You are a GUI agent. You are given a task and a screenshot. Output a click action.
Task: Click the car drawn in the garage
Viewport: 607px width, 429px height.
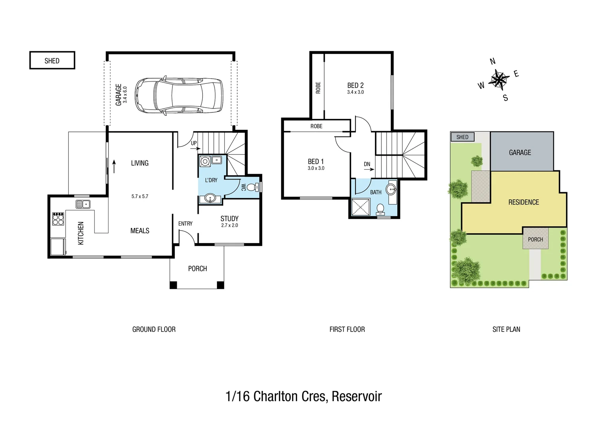(x=179, y=95)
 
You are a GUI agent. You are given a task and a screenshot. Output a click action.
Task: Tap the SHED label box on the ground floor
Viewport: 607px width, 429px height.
(x=52, y=60)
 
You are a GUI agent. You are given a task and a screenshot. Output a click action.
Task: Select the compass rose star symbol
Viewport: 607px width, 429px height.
(x=499, y=79)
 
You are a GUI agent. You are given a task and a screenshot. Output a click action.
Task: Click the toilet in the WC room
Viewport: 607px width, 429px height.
(x=251, y=187)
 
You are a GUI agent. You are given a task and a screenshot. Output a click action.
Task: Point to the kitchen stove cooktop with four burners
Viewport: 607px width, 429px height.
(x=58, y=219)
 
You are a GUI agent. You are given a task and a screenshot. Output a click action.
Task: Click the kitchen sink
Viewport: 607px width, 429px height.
(x=83, y=204)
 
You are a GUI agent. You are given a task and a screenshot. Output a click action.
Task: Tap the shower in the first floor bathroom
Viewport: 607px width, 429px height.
(x=361, y=207)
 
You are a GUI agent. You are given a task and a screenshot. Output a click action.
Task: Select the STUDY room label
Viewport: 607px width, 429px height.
(x=229, y=218)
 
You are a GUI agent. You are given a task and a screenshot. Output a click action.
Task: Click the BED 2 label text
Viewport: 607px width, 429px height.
(x=355, y=85)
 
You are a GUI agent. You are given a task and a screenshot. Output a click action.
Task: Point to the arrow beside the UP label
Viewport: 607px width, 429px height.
(x=195, y=149)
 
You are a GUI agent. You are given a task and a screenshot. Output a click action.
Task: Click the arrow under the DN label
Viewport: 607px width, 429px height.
(x=369, y=169)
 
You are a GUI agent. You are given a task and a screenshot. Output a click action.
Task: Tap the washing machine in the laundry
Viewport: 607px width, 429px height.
(x=205, y=161)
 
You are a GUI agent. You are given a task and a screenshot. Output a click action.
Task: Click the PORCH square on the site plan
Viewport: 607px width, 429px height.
(x=535, y=239)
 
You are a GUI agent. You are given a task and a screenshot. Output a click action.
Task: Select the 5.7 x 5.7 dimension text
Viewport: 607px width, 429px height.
(x=140, y=196)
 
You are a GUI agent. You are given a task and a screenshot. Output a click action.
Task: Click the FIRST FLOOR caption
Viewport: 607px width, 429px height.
(x=347, y=329)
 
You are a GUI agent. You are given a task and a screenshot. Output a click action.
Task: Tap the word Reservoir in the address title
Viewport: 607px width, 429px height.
(x=356, y=396)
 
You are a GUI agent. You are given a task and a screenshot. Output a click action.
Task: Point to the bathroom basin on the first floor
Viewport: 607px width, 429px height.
(x=391, y=189)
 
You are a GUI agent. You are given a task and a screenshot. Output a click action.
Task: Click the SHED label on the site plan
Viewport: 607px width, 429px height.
(x=462, y=137)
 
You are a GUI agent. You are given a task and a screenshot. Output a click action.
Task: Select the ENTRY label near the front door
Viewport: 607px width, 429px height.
(x=185, y=224)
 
